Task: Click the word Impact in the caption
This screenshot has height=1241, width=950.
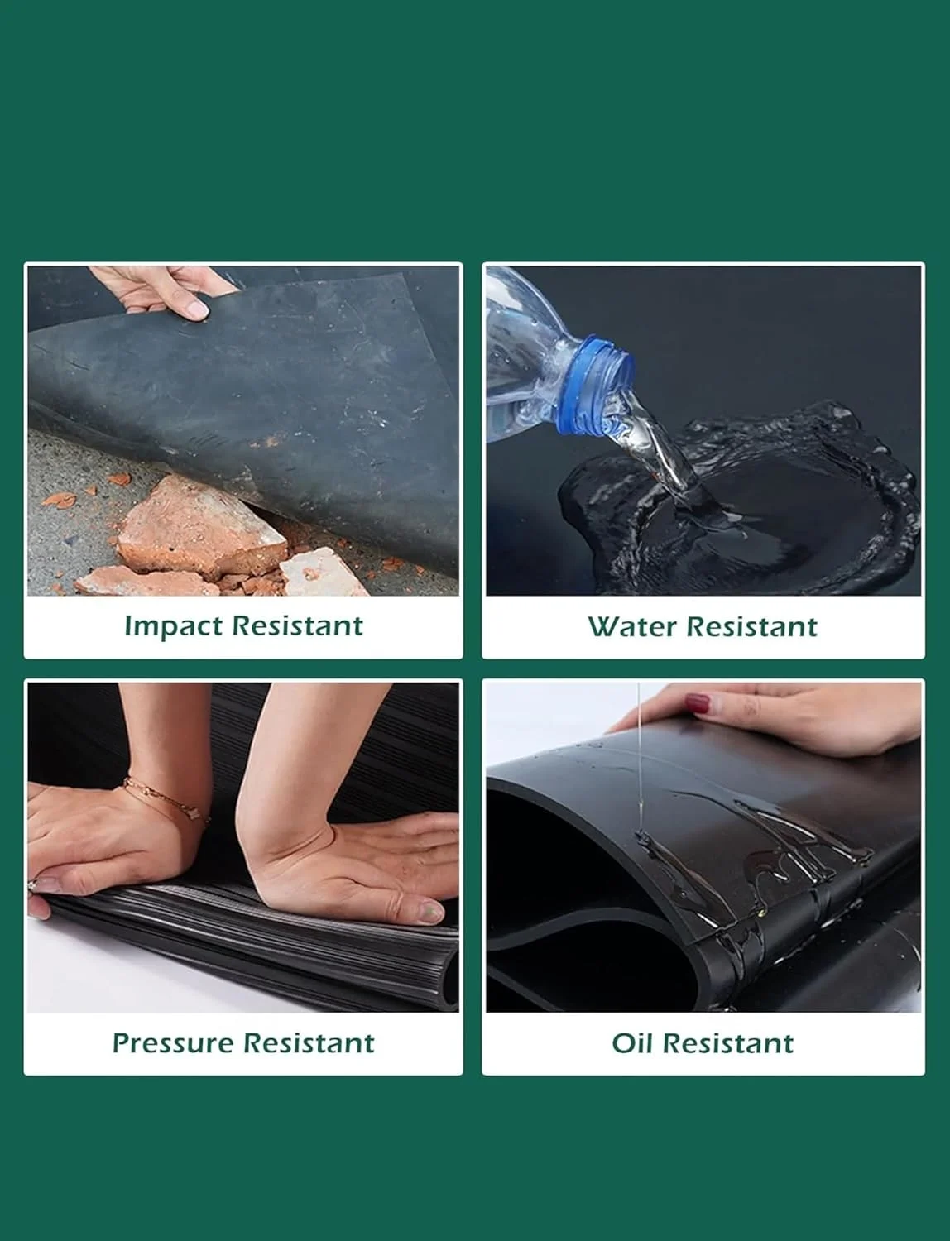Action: [174, 625]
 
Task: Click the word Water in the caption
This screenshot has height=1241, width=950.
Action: [631, 626]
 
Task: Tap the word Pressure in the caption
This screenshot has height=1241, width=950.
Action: [172, 1043]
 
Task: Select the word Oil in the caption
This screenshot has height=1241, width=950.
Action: [631, 1043]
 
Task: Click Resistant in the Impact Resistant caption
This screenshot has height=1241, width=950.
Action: [298, 625]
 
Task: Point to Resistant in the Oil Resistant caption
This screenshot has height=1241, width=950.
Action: [727, 1043]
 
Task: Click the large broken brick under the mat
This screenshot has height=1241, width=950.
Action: [202, 527]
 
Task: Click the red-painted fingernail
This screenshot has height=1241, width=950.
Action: [698, 703]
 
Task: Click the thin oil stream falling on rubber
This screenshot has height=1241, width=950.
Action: [639, 758]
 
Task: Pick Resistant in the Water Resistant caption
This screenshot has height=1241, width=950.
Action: [751, 626]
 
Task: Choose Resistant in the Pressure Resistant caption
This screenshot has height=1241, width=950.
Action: [309, 1043]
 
